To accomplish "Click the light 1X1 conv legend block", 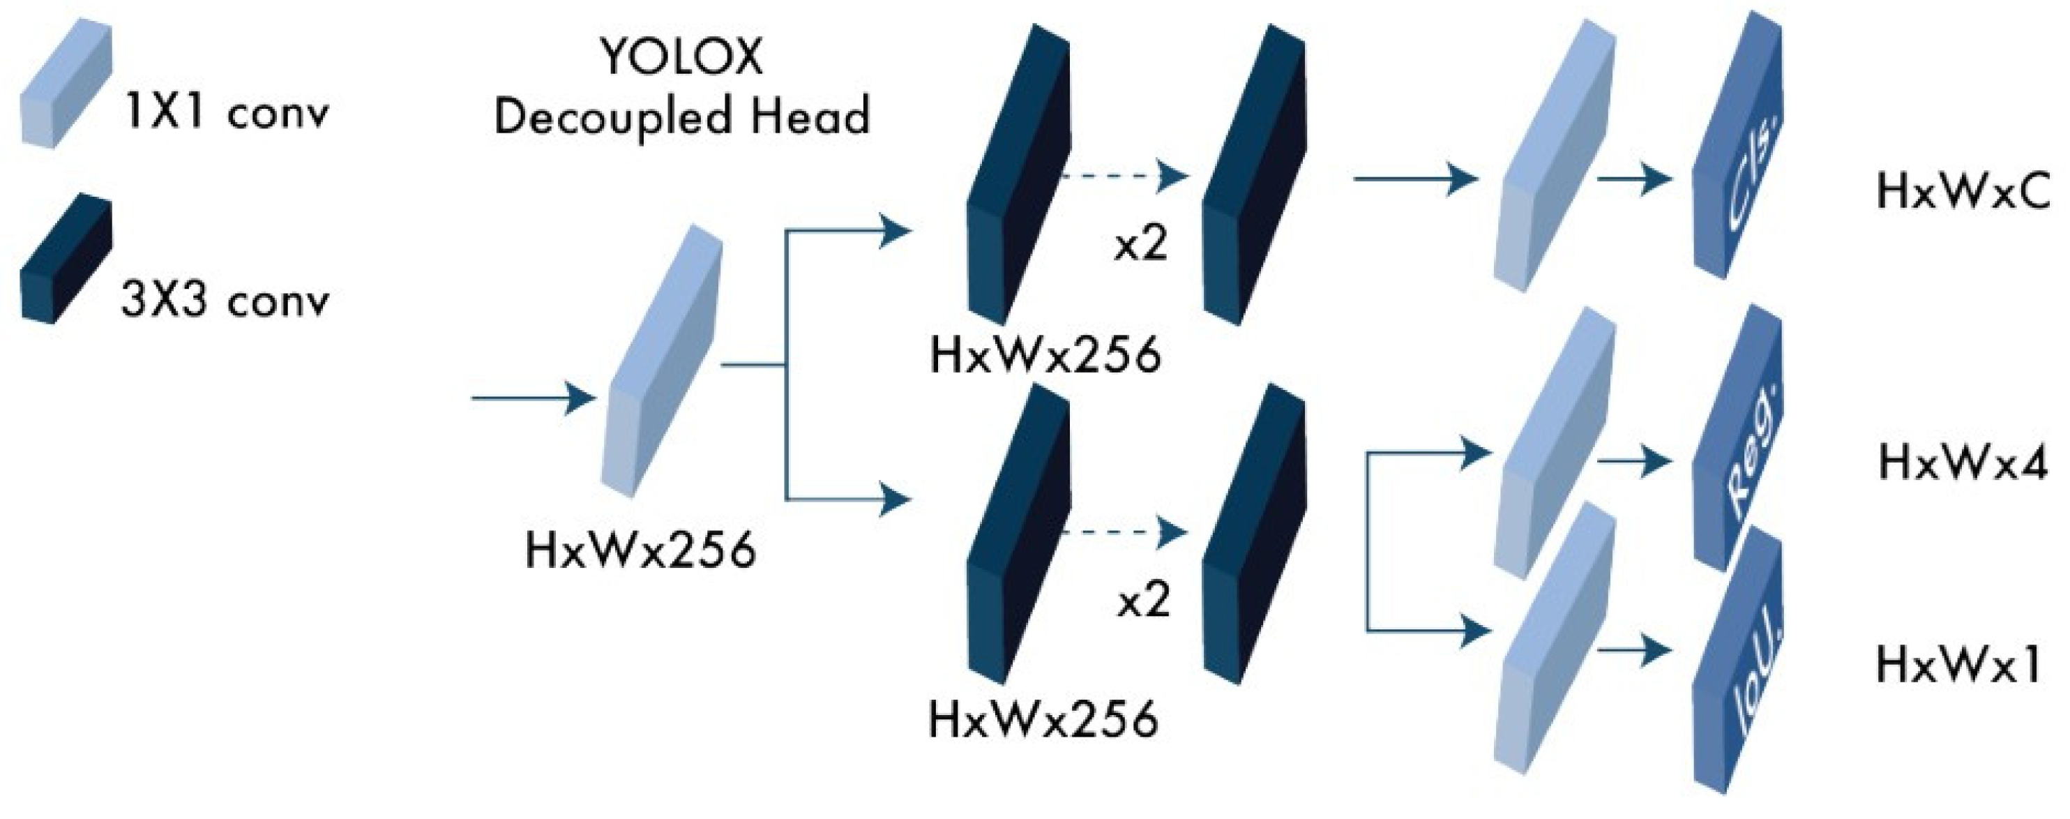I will click(x=64, y=84).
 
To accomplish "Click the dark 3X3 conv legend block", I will click(x=64, y=259).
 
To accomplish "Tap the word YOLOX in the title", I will click(x=681, y=58).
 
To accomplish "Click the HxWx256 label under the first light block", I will click(x=640, y=551).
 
